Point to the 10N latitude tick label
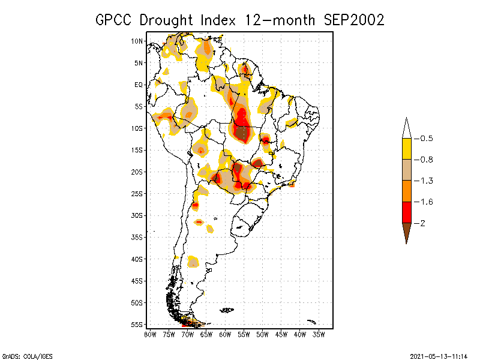(x=137, y=41)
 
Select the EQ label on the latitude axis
(x=139, y=85)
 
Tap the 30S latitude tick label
(x=137, y=215)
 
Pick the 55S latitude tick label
(x=137, y=325)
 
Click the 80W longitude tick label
(x=150, y=334)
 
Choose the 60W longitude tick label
(x=225, y=334)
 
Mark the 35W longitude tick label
(x=319, y=334)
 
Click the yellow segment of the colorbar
(x=406, y=149)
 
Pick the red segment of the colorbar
(x=406, y=212)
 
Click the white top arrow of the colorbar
(x=406, y=128)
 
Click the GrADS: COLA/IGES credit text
(x=19, y=355)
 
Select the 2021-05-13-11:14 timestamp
(x=439, y=355)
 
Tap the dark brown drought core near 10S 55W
(x=242, y=132)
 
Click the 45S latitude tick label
(x=137, y=281)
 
